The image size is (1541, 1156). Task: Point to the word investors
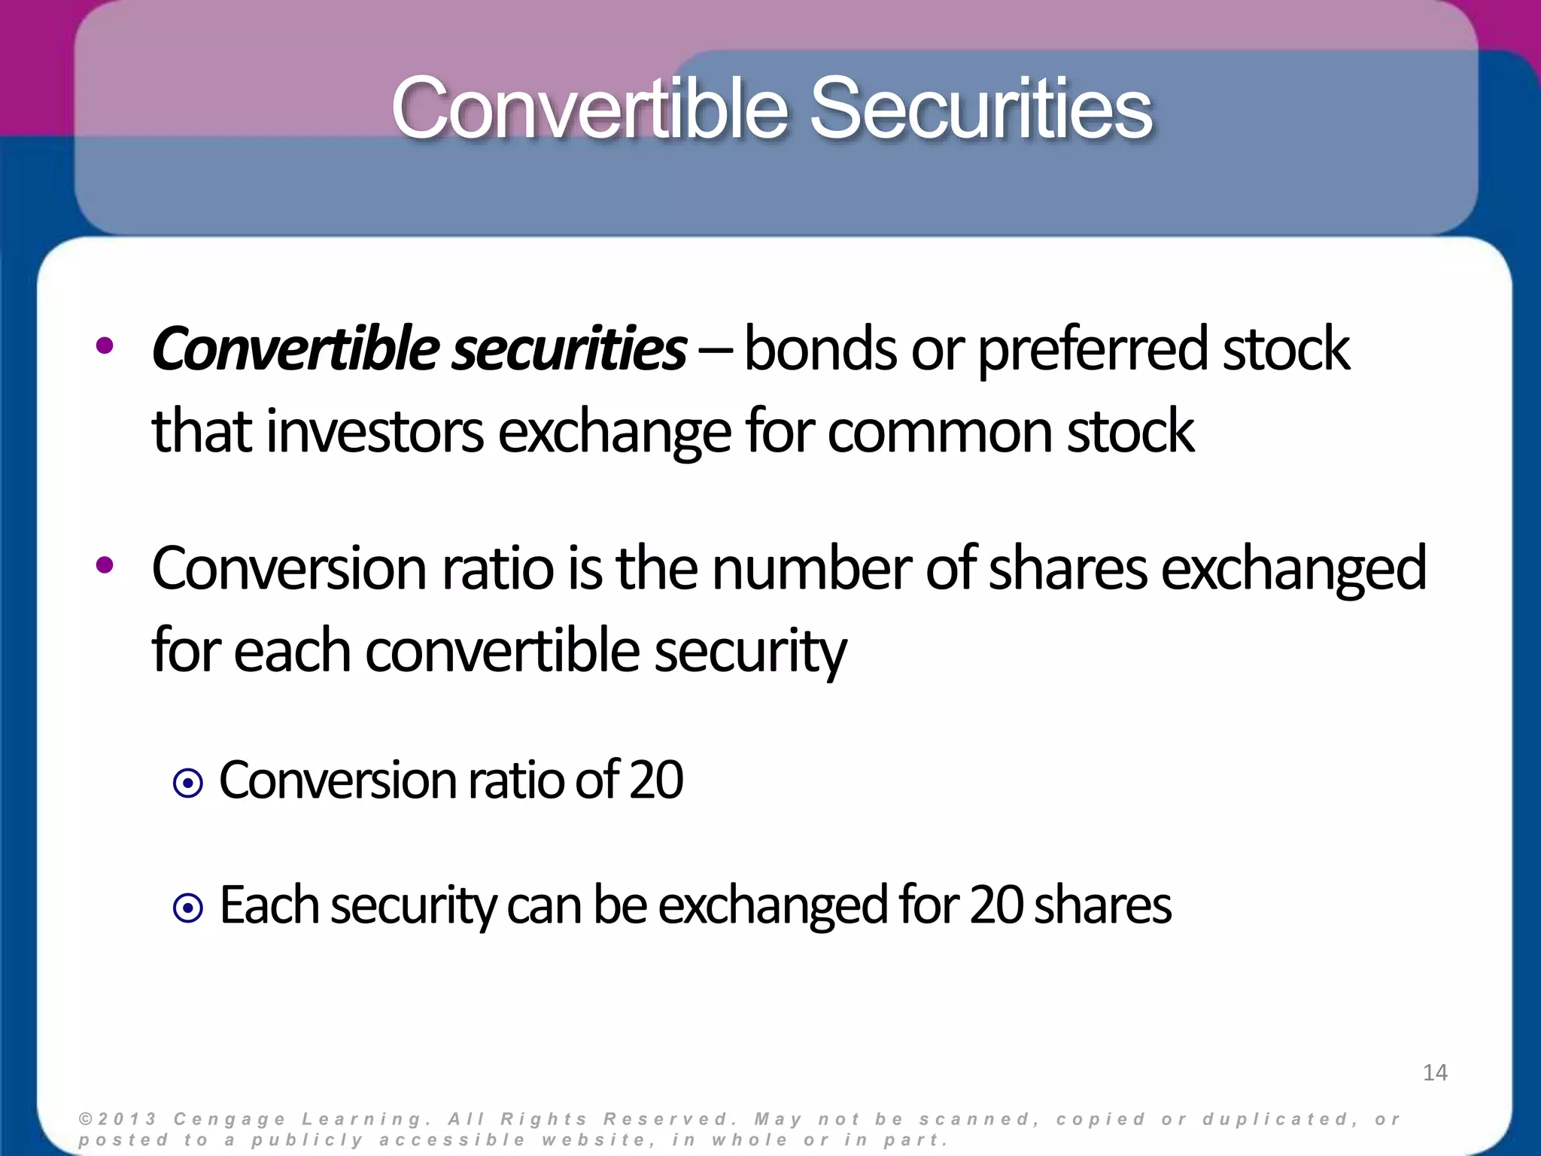point(374,432)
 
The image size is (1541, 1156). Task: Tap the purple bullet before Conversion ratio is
point(105,565)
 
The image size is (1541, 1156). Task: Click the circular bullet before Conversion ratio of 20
point(187,784)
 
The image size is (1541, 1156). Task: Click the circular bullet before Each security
point(187,908)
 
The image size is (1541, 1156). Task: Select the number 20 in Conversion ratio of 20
point(656,780)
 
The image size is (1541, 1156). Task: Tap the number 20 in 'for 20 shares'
point(996,905)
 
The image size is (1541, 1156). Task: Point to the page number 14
point(1435,1072)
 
